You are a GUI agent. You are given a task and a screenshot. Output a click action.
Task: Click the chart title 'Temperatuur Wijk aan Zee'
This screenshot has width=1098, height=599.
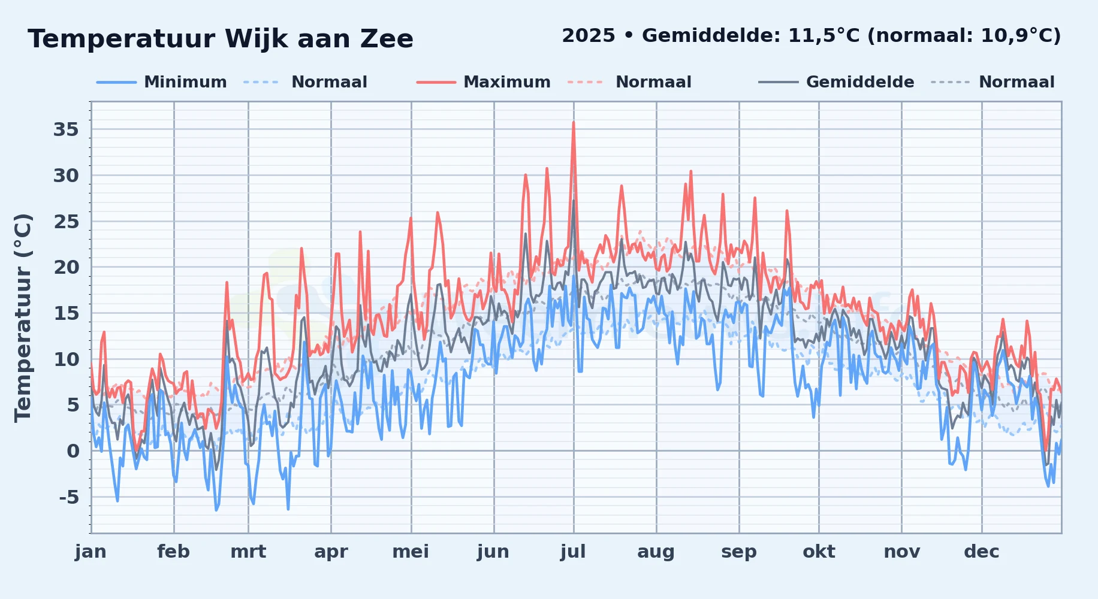[x=221, y=39]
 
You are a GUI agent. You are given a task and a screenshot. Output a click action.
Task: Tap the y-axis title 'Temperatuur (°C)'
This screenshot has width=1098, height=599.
[x=23, y=318]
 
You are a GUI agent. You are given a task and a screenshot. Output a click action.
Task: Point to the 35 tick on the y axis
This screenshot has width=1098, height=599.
[x=66, y=129]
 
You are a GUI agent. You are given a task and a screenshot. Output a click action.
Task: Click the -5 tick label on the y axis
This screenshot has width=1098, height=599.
[x=69, y=497]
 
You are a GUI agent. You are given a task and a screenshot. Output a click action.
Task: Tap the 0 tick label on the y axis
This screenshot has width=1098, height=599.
[x=73, y=451]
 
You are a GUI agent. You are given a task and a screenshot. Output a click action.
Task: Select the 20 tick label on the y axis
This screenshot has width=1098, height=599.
[x=66, y=267]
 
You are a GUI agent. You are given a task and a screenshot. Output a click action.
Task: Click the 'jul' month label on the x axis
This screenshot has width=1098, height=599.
[x=573, y=551]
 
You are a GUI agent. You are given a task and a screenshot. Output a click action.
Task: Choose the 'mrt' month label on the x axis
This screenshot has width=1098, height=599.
[x=248, y=551]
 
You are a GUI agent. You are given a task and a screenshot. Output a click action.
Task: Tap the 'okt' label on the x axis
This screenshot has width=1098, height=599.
[x=819, y=551]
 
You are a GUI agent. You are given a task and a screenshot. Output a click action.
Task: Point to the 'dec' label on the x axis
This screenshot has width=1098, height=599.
[x=982, y=551]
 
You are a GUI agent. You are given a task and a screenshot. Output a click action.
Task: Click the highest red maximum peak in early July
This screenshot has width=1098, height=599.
[x=574, y=122]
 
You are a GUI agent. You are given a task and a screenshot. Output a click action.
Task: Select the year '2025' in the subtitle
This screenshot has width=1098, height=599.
[x=589, y=36]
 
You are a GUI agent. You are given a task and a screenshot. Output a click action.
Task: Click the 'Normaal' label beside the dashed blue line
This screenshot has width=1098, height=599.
[x=329, y=82]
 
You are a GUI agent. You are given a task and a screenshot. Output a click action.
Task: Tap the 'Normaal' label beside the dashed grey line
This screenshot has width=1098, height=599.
[x=1016, y=82]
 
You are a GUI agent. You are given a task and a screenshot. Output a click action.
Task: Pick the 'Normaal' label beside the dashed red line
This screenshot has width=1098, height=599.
[x=653, y=82]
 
